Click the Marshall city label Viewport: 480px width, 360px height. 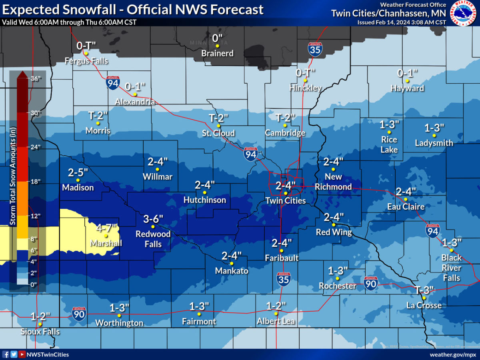106,243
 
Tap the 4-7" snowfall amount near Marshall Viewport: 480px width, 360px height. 106,228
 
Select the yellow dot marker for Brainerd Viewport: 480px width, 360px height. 217,46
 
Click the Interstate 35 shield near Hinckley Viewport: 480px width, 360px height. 315,49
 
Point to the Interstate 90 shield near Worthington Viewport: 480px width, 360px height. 79,314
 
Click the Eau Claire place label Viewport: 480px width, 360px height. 406,207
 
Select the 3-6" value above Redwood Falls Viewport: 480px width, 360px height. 153,219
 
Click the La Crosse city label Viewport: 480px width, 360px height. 424,305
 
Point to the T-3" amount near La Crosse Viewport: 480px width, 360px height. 424,290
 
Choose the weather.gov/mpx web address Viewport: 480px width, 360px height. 453,354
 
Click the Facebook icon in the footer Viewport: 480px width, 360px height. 6,354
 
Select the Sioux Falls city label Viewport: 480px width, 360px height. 40,332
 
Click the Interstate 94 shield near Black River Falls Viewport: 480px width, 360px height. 432,230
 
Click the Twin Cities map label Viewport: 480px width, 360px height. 286,201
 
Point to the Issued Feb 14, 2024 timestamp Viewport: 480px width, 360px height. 401,22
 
